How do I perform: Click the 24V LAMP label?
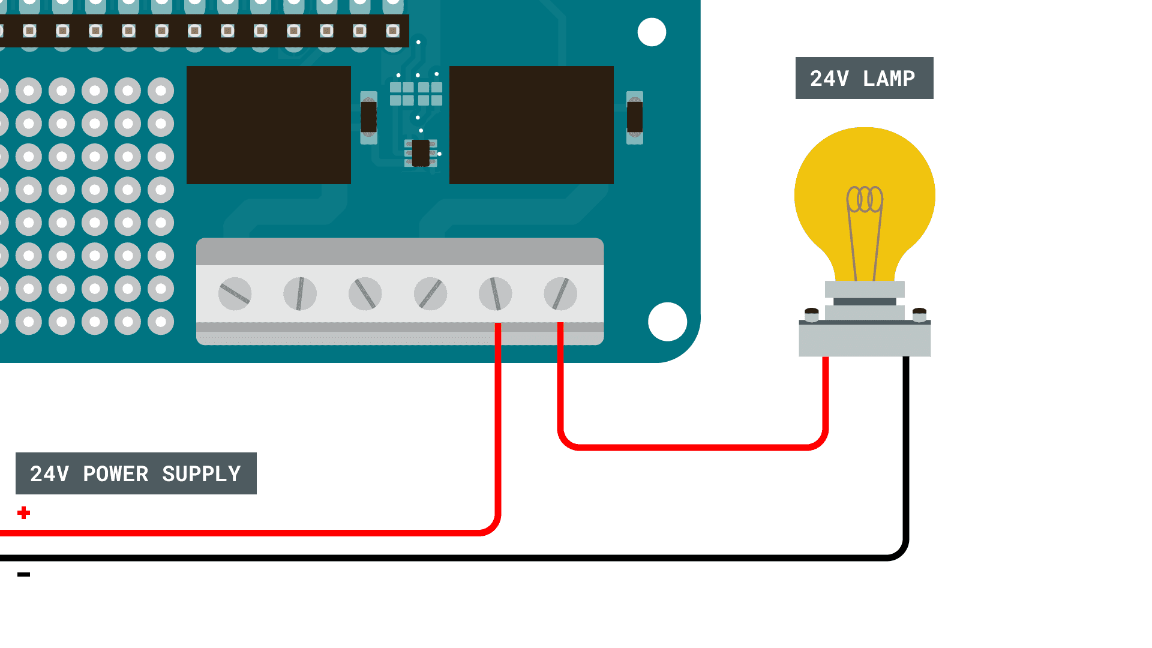point(864,78)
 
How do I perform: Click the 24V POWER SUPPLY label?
point(136,473)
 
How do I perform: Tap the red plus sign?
point(24,513)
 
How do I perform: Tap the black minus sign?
point(24,575)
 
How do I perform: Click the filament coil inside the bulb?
point(865,199)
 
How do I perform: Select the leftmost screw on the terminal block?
point(235,294)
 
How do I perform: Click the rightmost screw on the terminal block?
point(560,294)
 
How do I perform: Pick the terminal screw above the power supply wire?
point(496,294)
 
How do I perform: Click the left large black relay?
point(269,125)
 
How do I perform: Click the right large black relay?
point(532,125)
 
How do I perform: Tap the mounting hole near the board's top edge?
point(652,32)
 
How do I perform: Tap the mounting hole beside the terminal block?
point(667,322)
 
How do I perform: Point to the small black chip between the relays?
point(421,153)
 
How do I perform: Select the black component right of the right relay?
point(635,117)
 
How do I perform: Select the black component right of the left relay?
point(368,117)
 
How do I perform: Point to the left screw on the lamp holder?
point(811,313)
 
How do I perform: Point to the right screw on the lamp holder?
point(919,313)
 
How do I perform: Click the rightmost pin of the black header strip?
point(392,31)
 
